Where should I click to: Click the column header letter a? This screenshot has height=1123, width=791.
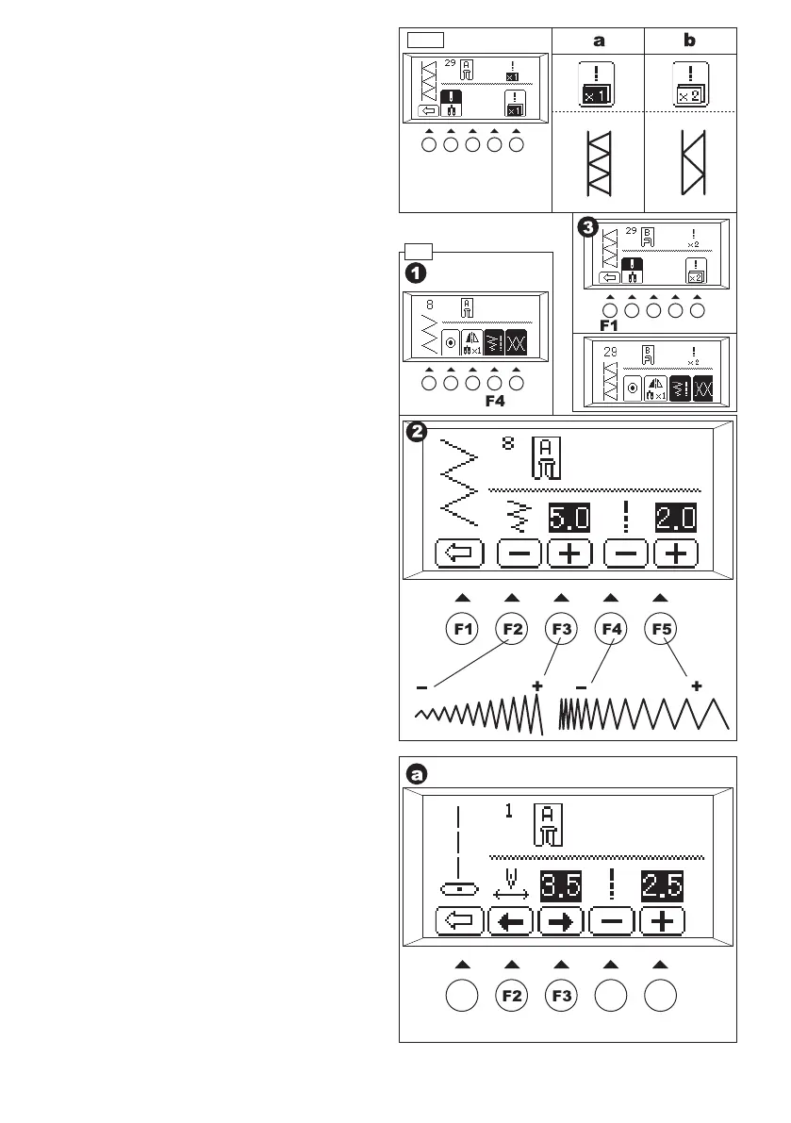pyautogui.click(x=597, y=41)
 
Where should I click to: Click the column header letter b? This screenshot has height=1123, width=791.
pyautogui.click(x=690, y=41)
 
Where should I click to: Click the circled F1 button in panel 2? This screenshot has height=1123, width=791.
pyautogui.click(x=462, y=628)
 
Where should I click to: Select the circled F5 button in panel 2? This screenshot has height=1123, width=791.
pyautogui.click(x=660, y=628)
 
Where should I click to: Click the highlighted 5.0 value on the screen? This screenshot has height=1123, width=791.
pyautogui.click(x=569, y=519)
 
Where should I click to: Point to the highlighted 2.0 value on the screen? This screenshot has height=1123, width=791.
pyautogui.click(x=676, y=519)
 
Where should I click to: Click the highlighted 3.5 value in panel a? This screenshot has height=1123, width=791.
pyautogui.click(x=560, y=886)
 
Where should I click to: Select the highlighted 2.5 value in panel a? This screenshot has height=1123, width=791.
pyautogui.click(x=663, y=886)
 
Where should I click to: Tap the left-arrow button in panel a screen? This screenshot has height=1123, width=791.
pyautogui.click(x=512, y=921)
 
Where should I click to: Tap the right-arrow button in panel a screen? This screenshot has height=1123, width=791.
pyautogui.click(x=562, y=921)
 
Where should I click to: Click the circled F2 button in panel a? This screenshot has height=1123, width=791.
pyautogui.click(x=512, y=996)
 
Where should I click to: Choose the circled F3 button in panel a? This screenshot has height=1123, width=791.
pyautogui.click(x=561, y=996)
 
